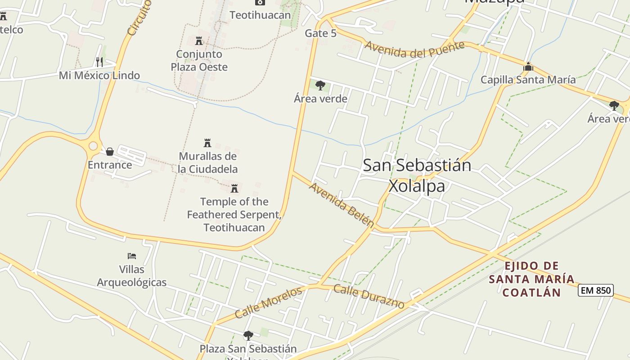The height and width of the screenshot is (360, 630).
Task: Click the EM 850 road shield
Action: [x=596, y=290]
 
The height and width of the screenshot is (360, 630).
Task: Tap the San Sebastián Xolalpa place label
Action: [x=417, y=175]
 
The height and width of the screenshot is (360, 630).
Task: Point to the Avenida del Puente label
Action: [x=414, y=49]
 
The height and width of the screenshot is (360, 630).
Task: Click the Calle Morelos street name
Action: [x=268, y=302]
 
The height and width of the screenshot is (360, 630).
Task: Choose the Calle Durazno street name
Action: [x=369, y=297]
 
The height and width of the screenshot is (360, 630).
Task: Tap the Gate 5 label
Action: [x=320, y=33]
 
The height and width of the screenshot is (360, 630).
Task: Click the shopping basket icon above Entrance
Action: [x=109, y=152]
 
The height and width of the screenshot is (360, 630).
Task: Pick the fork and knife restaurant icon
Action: [x=99, y=62]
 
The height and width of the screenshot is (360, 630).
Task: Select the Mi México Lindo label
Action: [x=99, y=75]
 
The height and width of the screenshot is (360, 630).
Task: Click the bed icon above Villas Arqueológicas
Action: [x=131, y=256]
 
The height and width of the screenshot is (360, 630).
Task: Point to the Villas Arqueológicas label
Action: [x=132, y=276]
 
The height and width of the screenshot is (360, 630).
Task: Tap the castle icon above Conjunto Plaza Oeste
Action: [x=199, y=41]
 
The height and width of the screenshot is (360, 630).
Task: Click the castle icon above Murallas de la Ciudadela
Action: [x=207, y=143]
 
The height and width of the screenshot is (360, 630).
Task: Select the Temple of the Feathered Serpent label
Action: [x=234, y=214]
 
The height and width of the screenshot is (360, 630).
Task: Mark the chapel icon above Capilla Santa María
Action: [x=528, y=67]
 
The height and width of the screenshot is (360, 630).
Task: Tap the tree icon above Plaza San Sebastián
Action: [x=248, y=335]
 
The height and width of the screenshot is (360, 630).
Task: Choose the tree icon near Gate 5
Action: [x=320, y=85]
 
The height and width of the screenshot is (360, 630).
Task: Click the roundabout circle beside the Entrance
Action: [x=93, y=146]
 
